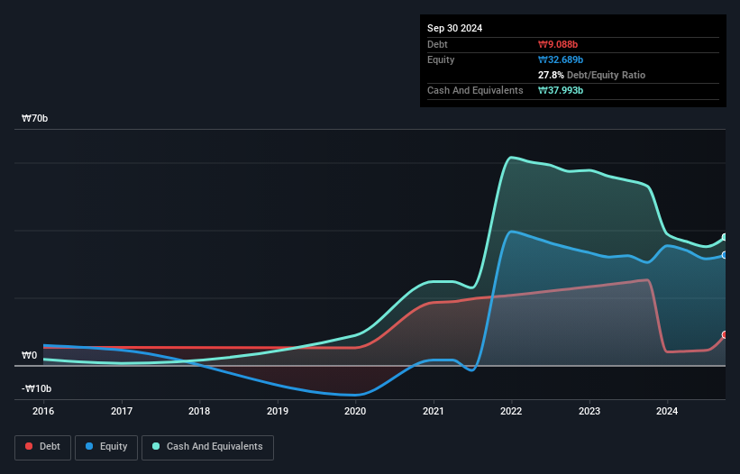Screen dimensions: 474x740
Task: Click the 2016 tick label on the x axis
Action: coord(43,411)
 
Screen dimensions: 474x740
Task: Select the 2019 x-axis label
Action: coord(278,411)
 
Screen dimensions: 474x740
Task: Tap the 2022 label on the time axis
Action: coord(511,411)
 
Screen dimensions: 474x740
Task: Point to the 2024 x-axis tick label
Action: coord(667,411)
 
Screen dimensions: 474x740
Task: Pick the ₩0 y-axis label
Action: coord(30,355)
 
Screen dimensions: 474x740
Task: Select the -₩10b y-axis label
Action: coord(35,388)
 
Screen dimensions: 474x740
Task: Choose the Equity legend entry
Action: coord(106,446)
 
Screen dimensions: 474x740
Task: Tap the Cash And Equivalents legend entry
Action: coord(207,446)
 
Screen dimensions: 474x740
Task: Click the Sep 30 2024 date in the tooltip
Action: coord(455,28)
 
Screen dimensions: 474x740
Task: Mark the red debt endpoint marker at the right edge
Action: coord(725,334)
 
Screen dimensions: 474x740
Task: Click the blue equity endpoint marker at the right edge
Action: coord(725,255)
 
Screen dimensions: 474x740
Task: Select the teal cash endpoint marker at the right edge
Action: coord(725,237)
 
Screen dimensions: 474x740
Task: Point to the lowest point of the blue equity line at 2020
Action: coord(356,395)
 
